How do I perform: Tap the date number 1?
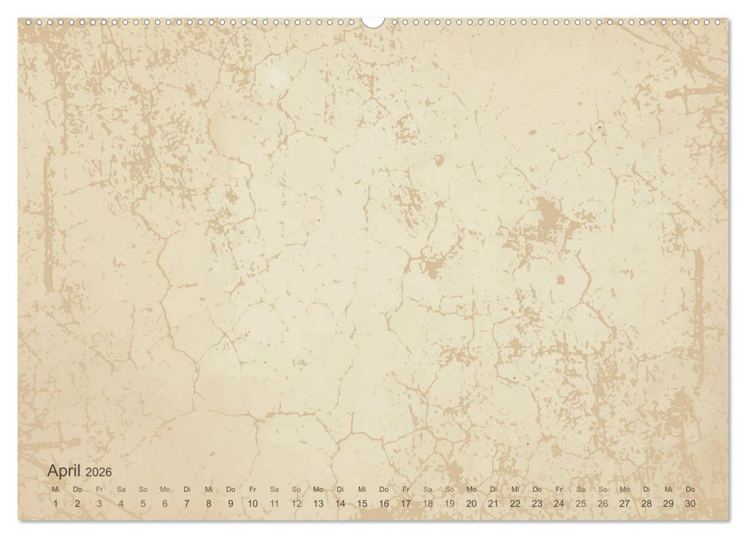(55, 503)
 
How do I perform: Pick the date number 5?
(143, 503)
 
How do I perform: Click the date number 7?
(187, 503)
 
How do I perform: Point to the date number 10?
(253, 503)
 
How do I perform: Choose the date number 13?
(318, 503)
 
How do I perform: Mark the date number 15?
(362, 503)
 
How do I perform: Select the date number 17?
(406, 503)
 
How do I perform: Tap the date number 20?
(471, 503)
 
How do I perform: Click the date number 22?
(515, 503)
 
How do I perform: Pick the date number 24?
(559, 503)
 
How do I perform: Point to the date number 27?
(625, 503)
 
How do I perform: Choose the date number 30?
(690, 503)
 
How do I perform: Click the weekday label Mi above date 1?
(55, 490)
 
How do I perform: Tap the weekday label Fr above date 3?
(99, 490)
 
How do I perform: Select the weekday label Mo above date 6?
(164, 490)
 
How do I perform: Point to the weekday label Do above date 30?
(690, 490)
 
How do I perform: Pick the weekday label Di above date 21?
(493, 490)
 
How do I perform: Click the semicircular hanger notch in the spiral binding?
(373, 21)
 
